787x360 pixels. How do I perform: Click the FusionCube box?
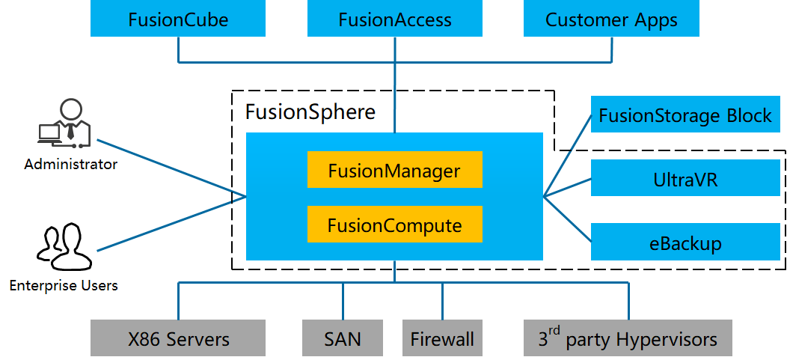pos(178,19)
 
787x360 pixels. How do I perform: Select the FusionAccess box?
pos(394,19)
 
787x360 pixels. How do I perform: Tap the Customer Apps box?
pos(611,19)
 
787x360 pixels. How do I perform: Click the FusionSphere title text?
pos(310,113)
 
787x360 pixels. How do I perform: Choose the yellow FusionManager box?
pos(394,170)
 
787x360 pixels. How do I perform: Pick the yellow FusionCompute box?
pos(394,225)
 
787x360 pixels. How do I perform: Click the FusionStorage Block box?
pos(685,115)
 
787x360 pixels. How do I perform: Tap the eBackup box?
pos(685,242)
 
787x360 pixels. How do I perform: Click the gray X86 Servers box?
pos(178,338)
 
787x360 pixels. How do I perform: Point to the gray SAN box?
pos(343,338)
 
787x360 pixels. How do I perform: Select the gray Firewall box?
pos(441,338)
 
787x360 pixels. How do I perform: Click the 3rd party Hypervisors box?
pos(628,338)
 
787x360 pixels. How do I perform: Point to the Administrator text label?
pos(70,164)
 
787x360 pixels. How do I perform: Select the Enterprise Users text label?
pos(64,285)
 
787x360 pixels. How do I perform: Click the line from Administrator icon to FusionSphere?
pos(172,169)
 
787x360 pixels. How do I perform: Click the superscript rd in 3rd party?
pos(554,330)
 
